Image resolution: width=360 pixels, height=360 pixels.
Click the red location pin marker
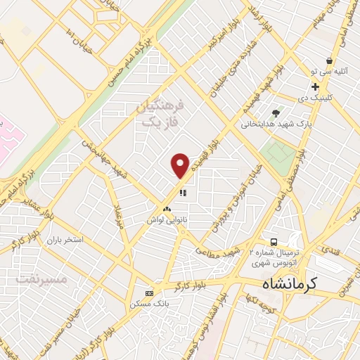(181, 165)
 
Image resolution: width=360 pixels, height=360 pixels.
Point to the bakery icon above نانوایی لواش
(167, 209)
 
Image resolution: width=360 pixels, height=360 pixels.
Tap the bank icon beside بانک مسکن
(148, 292)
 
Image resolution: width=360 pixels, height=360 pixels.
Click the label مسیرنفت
(40, 278)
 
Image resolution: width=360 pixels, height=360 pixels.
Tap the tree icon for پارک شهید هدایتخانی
(276, 112)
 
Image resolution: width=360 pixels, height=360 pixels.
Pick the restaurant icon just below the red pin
(182, 192)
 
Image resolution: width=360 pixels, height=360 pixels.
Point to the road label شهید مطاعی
(224, 253)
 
